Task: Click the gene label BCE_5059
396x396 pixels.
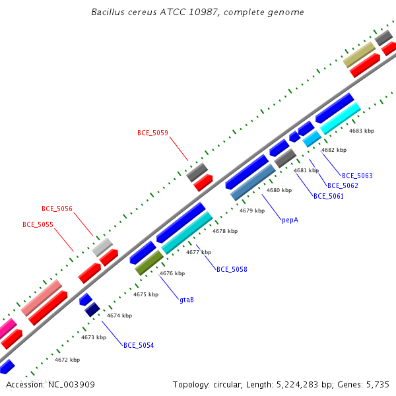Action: point(152,133)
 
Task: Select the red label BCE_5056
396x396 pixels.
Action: point(57,209)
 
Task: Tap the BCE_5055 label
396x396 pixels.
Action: point(38,224)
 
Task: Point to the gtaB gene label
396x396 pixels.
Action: point(187,300)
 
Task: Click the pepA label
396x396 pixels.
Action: point(290,220)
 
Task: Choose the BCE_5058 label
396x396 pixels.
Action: point(232,269)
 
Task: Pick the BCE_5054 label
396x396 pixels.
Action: point(139,345)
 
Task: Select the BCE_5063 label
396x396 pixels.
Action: point(357,176)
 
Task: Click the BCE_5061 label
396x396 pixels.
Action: point(329,196)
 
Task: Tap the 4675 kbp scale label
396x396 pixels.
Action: point(146,294)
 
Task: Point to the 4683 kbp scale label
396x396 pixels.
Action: point(362,131)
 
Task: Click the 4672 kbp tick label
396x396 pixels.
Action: point(67,360)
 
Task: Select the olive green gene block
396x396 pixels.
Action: point(149,263)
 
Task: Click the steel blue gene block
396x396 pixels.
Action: point(253,182)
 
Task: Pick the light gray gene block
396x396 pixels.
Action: point(102,247)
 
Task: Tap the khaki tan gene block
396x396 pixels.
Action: point(359,55)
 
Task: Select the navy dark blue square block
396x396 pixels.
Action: point(92,310)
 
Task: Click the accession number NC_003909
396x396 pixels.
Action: point(71,385)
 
